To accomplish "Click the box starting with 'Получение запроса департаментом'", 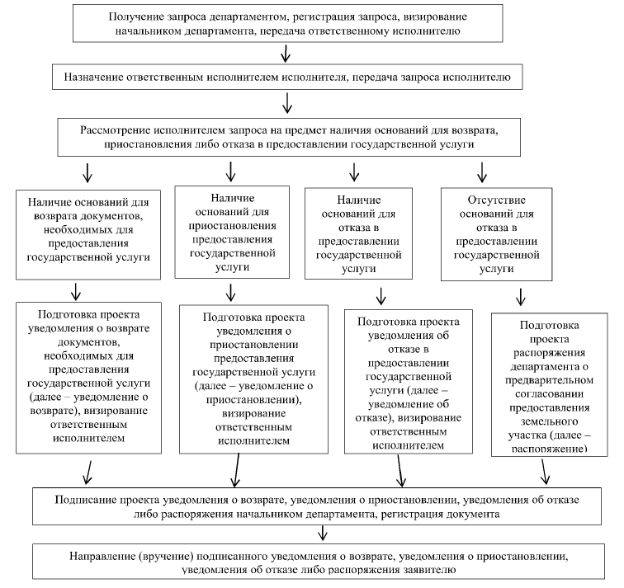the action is tap(288, 23).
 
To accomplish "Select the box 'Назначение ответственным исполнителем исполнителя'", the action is tap(287, 77).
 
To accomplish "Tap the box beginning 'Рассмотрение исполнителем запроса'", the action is tap(289, 137).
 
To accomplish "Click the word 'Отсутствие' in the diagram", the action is tap(496, 200).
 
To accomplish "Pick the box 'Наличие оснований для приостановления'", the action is tap(232, 233).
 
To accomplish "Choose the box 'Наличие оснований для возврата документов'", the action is tap(88, 234).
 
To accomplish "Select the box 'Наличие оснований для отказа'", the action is tap(358, 233).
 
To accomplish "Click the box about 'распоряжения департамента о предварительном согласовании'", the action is tap(550, 384).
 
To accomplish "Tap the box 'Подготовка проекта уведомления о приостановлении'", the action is tap(254, 379).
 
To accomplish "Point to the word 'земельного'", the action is tap(549, 421).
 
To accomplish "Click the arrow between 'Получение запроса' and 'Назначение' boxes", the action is tap(286, 54).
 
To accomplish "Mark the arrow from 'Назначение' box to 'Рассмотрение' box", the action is tap(287, 103).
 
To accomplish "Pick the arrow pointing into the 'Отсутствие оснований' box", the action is tap(482, 172).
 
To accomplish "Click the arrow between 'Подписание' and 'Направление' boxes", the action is tap(323, 533).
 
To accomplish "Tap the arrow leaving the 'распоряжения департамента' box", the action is tap(545, 472).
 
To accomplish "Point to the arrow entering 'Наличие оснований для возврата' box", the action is tap(87, 172).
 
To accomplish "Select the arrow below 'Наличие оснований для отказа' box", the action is tap(381, 296).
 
